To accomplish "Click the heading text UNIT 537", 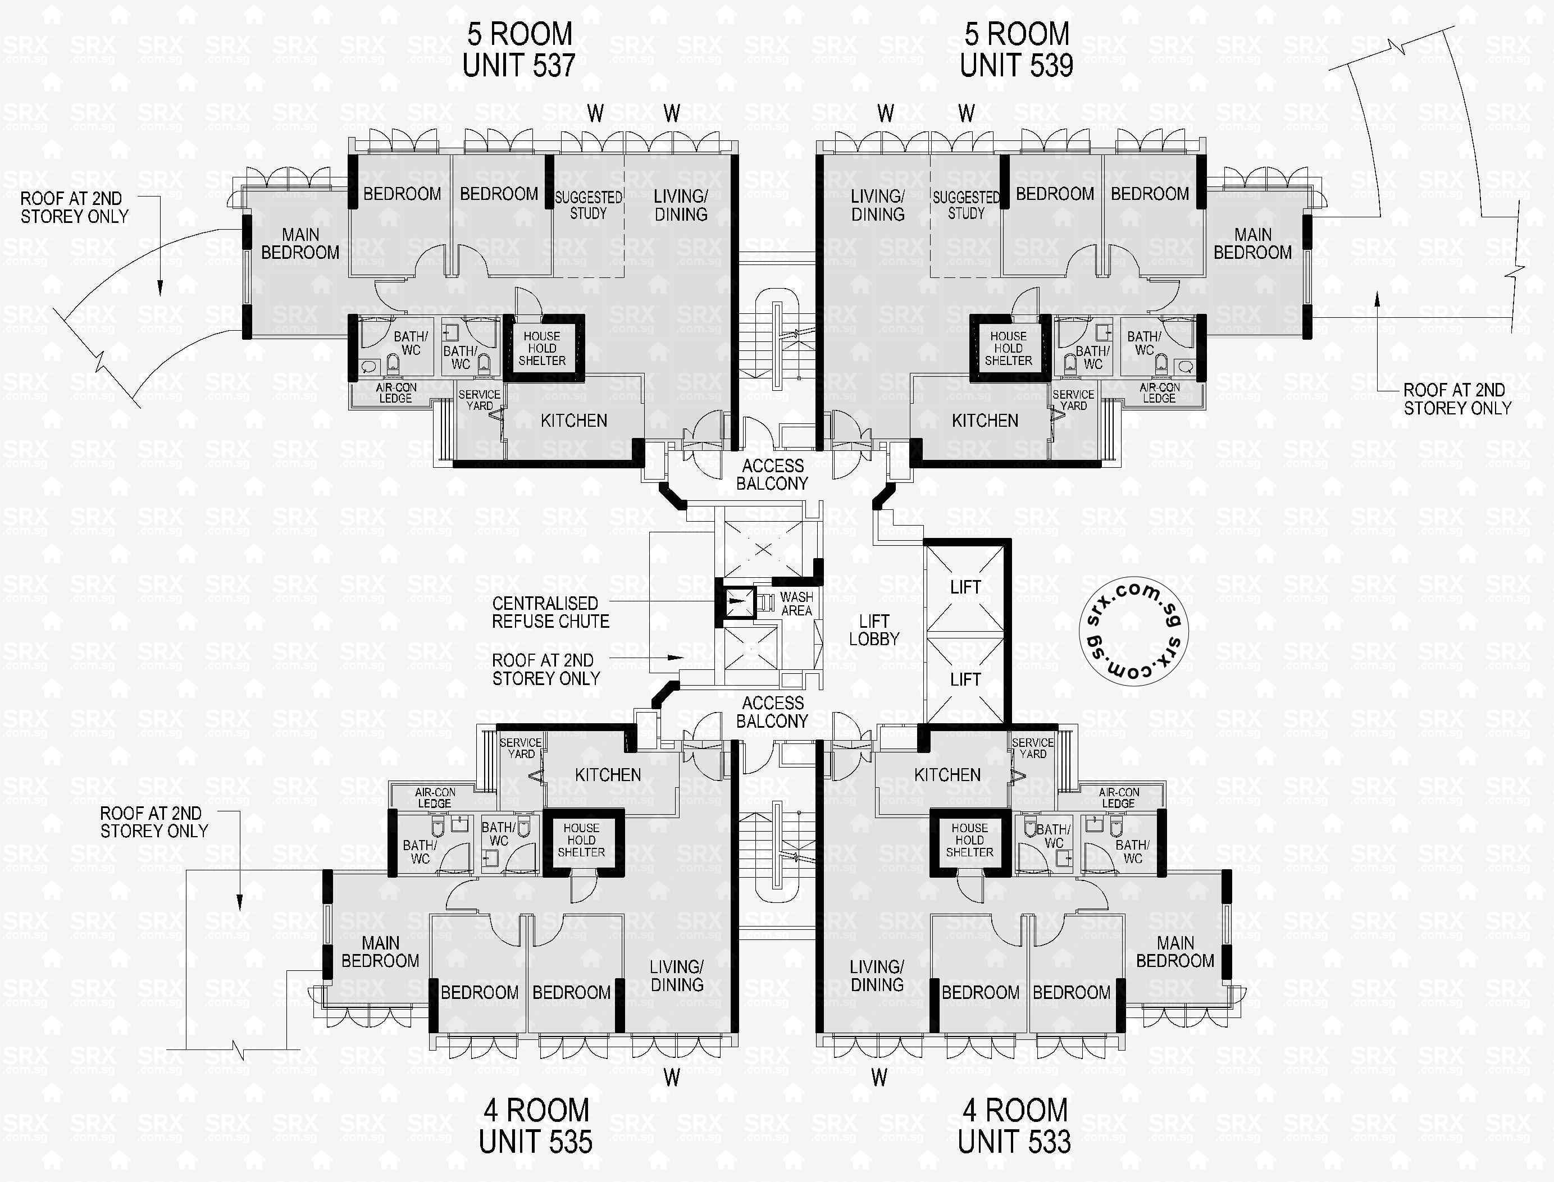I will coord(519,66).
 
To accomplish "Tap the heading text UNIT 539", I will coord(1017,66).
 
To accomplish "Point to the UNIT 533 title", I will coord(1014,1141).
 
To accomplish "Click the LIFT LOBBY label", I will coord(873,629).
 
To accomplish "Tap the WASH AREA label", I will coord(796,604).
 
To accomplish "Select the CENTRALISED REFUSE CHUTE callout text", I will coord(550,612).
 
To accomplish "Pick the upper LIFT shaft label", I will coord(965,587).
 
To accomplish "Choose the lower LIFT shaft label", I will coord(965,679).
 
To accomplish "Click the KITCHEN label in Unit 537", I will coord(573,421).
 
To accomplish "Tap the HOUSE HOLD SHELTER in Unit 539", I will coord(1008,348).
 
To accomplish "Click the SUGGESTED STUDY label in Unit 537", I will coord(589,205).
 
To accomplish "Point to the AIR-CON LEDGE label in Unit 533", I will coord(1118,797).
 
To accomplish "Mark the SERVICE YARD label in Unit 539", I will coord(1073,400).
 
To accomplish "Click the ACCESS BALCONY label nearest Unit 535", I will coord(772,711).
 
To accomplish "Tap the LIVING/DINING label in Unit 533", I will coord(876,975).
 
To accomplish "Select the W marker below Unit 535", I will coord(672,1077).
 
